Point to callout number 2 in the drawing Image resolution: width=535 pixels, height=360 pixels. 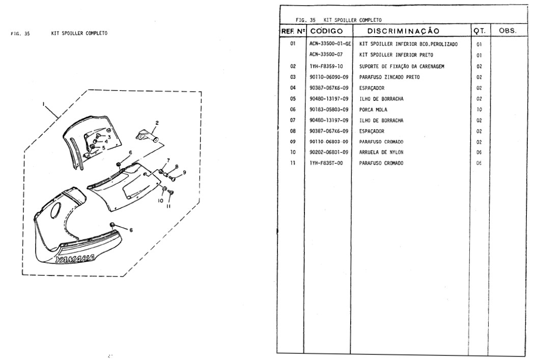157,122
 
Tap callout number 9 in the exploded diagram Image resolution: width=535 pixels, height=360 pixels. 184,172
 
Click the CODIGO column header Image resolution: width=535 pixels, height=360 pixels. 329,31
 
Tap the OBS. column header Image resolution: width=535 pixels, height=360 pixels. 508,31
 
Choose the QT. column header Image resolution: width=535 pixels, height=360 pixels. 479,31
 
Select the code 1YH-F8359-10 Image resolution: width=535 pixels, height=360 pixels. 326,66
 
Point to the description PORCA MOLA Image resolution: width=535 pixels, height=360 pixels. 373,109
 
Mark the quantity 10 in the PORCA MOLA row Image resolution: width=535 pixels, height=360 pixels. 479,109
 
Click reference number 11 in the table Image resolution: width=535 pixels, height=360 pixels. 293,163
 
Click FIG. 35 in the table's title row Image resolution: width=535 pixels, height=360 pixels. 305,20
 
